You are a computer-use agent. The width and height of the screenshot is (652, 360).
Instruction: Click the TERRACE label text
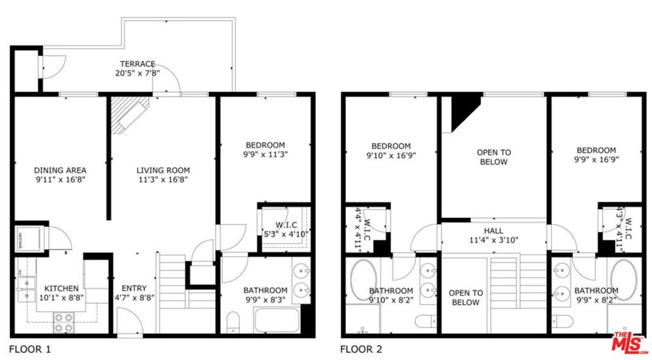point(138,64)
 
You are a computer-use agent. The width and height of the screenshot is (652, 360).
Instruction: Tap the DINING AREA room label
point(60,170)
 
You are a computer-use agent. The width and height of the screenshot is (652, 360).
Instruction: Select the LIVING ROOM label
point(163,170)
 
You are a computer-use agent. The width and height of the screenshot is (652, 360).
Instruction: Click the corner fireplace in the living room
point(129,115)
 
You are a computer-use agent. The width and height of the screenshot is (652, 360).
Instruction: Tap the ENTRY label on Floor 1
point(134,288)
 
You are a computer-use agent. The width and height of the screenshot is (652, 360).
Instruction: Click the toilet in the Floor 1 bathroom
point(232,322)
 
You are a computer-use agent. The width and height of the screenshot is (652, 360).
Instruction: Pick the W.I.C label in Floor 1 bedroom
point(286,224)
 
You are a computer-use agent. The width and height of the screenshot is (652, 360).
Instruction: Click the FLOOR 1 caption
point(30,349)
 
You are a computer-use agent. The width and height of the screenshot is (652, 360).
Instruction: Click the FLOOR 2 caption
point(361,349)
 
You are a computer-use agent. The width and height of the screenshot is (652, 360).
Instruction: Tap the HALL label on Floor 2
point(493,231)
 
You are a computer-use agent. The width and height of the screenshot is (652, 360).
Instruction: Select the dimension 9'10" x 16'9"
point(391,155)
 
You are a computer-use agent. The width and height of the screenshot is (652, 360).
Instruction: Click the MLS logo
point(630,343)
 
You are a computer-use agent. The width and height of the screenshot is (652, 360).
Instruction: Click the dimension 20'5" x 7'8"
point(138,73)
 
